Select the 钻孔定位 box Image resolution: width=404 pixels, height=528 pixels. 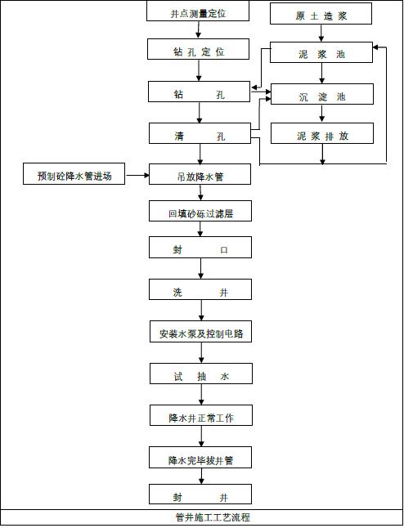[x=200, y=51]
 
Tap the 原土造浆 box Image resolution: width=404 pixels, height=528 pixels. [x=321, y=15]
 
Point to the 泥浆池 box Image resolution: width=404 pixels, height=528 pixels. [x=321, y=54]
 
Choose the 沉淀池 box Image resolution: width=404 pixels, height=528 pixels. [x=321, y=96]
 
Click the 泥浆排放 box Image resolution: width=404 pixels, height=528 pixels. [x=321, y=135]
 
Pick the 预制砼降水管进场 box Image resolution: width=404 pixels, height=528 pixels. [x=74, y=175]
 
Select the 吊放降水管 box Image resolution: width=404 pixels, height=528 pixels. [x=200, y=175]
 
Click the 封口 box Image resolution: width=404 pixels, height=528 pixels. [x=200, y=250]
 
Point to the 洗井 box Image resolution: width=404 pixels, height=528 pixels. [x=200, y=292]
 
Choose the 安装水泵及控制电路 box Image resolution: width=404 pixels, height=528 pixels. [x=200, y=333]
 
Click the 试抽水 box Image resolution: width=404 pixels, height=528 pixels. [x=200, y=375]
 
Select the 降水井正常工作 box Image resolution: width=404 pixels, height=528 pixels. [x=200, y=417]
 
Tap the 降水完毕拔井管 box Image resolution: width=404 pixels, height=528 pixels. [x=200, y=459]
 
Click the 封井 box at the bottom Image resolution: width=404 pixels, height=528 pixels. [x=200, y=496]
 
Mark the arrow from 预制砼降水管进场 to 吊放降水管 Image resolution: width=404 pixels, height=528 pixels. [x=137, y=174]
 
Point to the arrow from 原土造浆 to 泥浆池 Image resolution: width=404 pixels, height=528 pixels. [x=321, y=34]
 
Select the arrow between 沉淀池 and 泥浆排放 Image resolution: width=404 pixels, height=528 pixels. [x=321, y=115]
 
